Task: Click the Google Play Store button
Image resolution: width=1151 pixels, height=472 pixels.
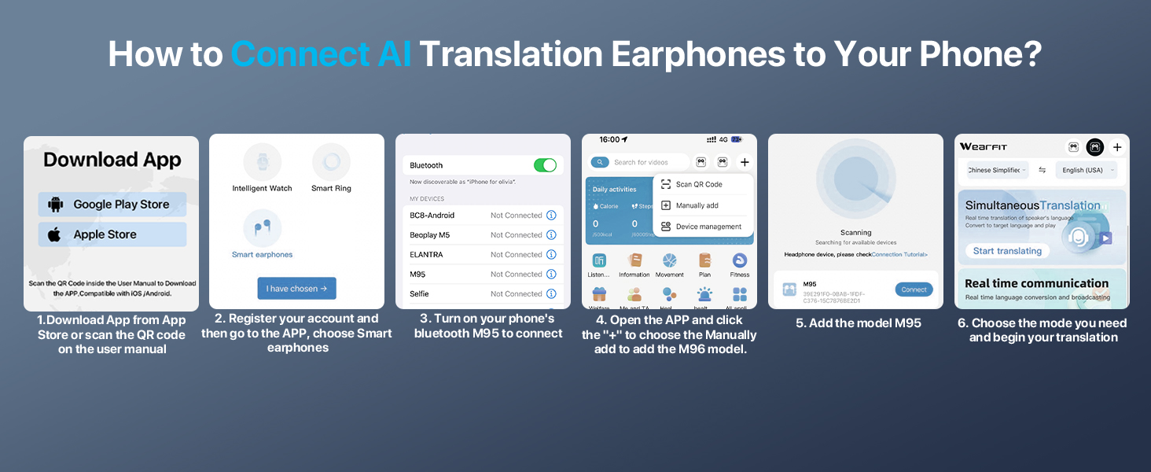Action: pos(112,205)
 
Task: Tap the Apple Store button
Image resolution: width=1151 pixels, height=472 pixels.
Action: pos(112,234)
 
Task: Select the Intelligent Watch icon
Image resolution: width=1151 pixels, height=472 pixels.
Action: pos(262,163)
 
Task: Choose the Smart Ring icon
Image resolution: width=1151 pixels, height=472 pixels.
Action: pos(331,163)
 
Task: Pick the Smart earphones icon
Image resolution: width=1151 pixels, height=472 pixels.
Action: pos(262,229)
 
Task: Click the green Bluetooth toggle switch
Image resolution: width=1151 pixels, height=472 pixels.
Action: pos(545,165)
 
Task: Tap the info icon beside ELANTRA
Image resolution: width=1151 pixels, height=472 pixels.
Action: pos(551,255)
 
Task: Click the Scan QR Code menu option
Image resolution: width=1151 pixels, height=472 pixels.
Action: pos(698,184)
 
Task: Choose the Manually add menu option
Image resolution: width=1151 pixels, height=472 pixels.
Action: pos(697,205)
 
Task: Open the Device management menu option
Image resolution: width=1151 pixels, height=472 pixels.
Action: pos(708,227)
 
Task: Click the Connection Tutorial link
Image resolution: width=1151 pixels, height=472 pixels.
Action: pos(899,255)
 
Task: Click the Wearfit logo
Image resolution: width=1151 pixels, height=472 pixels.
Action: pos(983,147)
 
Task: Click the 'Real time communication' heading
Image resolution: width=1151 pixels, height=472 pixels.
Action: pos(1036,283)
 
